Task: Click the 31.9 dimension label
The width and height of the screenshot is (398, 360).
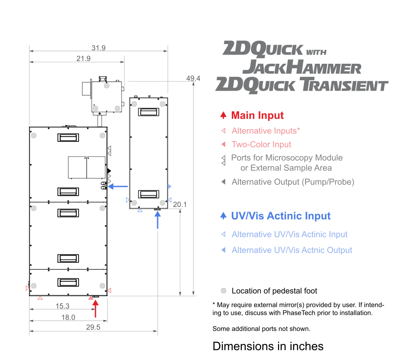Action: click(x=99, y=48)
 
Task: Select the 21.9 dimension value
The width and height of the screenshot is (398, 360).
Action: click(x=83, y=59)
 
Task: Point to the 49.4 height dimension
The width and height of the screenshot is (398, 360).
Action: click(x=193, y=78)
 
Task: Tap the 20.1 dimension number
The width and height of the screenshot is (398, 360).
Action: click(x=180, y=204)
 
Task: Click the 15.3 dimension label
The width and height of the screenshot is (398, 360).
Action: click(x=62, y=306)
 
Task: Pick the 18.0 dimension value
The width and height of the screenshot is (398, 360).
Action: click(x=68, y=317)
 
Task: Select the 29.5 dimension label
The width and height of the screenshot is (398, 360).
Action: click(x=93, y=327)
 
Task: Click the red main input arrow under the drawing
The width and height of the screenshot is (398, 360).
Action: click(x=95, y=308)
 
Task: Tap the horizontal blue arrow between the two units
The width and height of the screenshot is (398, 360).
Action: click(x=118, y=187)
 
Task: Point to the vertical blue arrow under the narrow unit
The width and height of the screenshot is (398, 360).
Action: click(x=158, y=220)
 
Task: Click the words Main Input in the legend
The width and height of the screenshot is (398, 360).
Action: click(x=257, y=115)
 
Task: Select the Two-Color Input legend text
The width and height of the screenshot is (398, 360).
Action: click(x=261, y=144)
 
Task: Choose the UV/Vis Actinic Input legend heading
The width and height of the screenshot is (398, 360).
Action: click(x=281, y=216)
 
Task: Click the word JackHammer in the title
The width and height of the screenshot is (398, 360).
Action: click(x=302, y=67)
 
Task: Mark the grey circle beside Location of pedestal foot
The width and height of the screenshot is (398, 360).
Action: click(x=224, y=291)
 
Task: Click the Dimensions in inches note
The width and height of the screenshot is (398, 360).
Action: click(x=268, y=346)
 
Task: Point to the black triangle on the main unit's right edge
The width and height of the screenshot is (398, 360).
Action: click(x=109, y=171)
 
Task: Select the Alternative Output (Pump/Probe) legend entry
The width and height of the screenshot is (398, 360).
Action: click(x=293, y=182)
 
